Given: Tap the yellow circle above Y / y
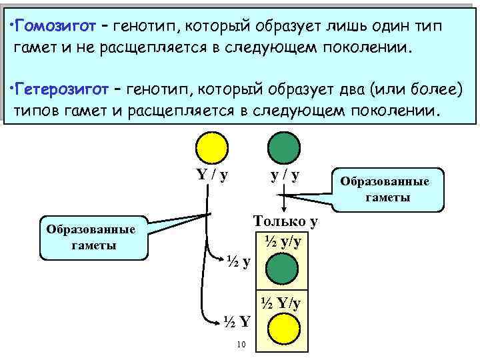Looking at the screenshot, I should tap(211, 147).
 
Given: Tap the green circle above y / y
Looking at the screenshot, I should tap(283, 147).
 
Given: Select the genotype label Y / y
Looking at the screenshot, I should tap(212, 175).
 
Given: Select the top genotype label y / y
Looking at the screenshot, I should tap(285, 175).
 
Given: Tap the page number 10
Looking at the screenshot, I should tap(241, 345).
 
